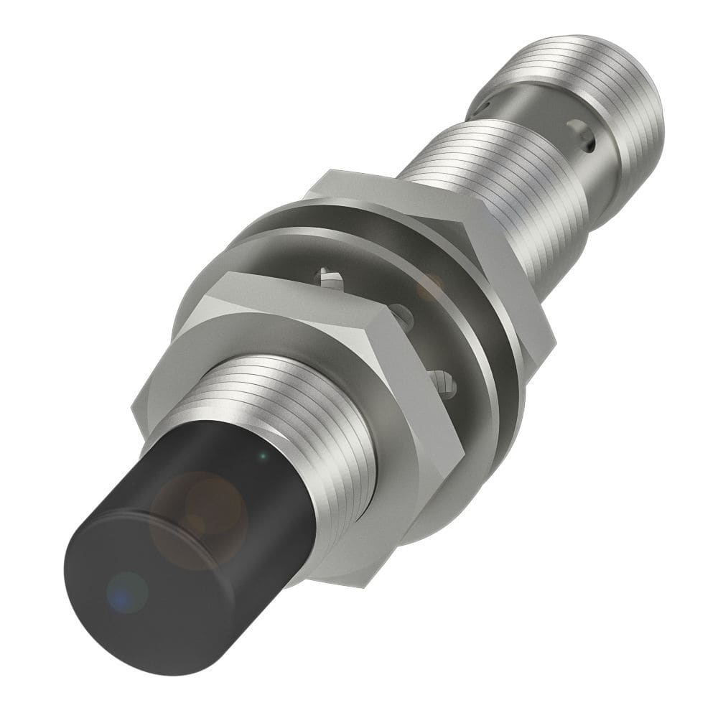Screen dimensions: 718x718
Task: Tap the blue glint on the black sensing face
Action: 118,590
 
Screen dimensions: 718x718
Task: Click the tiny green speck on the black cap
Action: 263,455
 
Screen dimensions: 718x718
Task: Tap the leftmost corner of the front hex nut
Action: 134,409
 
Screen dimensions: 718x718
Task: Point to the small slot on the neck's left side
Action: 480,108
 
